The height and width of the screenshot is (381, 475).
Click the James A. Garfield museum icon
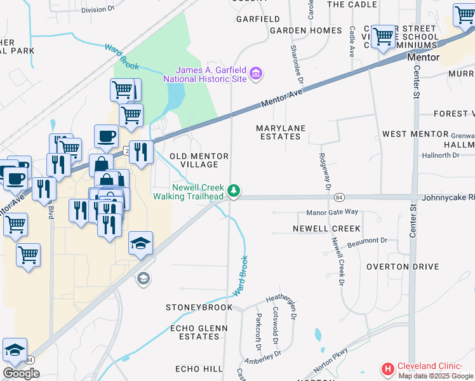pos(256,74)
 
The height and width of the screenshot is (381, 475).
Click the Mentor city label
pos(423,57)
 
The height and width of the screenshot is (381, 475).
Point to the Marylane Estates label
pos(281,132)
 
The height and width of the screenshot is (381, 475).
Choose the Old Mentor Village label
pos(199,160)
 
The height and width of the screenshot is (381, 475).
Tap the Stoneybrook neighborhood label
pos(199,307)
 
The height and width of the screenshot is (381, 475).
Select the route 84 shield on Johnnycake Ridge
pos(340,197)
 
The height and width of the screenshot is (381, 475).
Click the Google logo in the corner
pos(21,373)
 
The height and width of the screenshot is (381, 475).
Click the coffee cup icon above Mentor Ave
pos(106,136)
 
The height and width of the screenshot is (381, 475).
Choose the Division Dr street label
pos(97,10)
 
